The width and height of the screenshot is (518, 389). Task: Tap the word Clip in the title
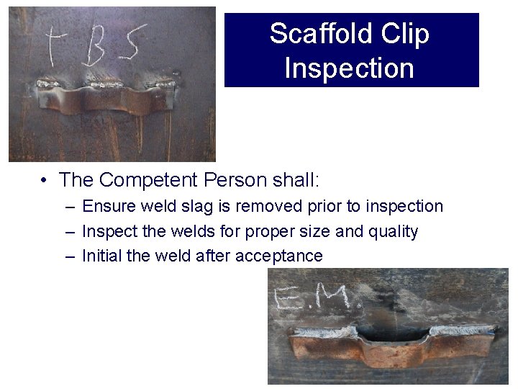404,34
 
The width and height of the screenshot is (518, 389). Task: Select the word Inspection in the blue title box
350,68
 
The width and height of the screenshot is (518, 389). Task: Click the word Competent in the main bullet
147,179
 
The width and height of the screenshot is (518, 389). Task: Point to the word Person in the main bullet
232,179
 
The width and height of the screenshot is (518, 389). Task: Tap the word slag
196,207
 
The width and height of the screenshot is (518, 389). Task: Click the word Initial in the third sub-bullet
101,256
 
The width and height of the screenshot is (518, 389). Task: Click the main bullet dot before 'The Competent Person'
45,179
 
